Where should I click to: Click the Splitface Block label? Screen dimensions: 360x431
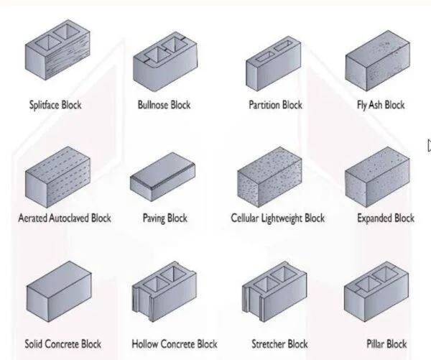55,105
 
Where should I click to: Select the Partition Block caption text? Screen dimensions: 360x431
275,105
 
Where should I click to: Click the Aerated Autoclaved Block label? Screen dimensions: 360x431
65,218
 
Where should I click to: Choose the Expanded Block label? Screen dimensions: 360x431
386,218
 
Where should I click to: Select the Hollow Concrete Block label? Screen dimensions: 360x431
175,344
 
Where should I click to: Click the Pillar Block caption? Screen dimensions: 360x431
386,344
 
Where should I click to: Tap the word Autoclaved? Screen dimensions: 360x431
69,218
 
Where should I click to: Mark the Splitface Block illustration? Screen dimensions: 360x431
58,57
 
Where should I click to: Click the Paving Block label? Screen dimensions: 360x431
165,218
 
